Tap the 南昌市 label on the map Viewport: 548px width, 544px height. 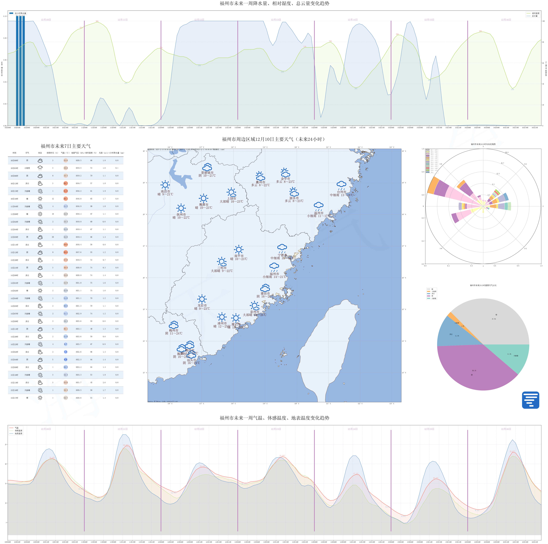click(165, 191)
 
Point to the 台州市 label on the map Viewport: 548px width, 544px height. click(341, 192)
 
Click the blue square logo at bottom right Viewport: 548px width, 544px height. click(530, 400)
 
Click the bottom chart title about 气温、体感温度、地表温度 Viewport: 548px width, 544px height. click(274, 418)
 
